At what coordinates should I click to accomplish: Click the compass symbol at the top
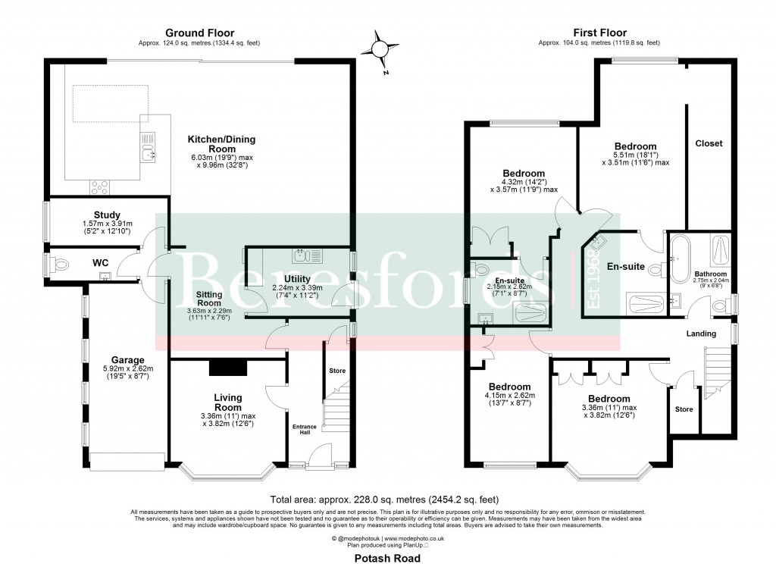coord(379,49)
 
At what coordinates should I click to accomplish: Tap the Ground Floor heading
coord(200,33)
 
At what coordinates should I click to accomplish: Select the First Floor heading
coord(599,33)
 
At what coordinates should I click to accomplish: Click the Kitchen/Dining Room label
coord(222,144)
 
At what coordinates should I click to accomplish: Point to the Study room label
coord(108,215)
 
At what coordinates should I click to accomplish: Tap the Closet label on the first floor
coord(709,143)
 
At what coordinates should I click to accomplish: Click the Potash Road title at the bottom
coord(387,557)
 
